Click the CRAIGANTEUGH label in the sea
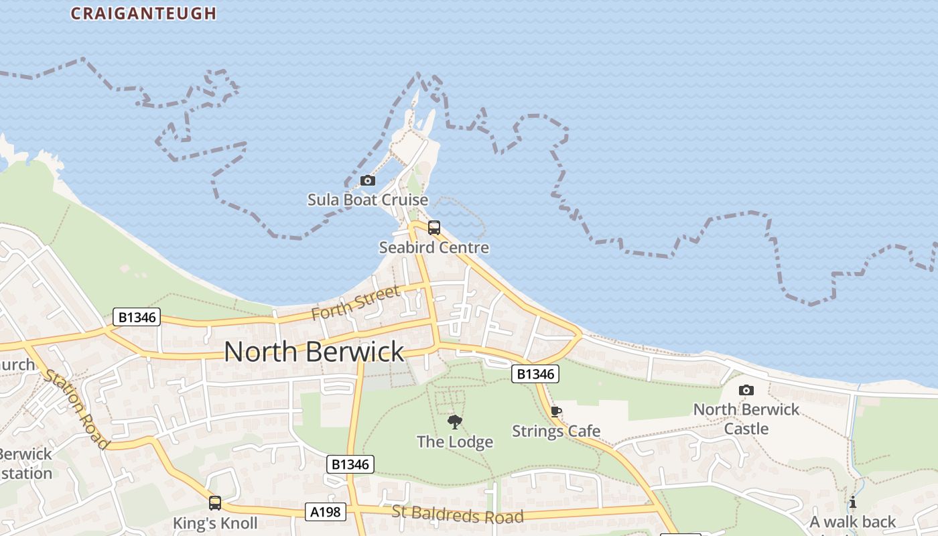pyautogui.click(x=143, y=13)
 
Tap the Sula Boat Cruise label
pyautogui.click(x=367, y=200)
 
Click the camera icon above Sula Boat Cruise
pyautogui.click(x=367, y=180)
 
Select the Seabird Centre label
pyautogui.click(x=434, y=247)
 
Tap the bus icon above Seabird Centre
pyautogui.click(x=434, y=228)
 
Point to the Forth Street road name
pyautogui.click(x=356, y=303)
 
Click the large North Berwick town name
pyautogui.click(x=314, y=352)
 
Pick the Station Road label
pyautogui.click(x=76, y=408)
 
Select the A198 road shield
pyautogui.click(x=326, y=512)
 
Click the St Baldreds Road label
pyautogui.click(x=458, y=515)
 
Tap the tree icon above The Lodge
pyautogui.click(x=455, y=421)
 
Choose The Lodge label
pyautogui.click(x=455, y=442)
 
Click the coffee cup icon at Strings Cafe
pyautogui.click(x=555, y=411)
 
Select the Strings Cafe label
pyautogui.click(x=556, y=431)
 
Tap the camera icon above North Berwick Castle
pyautogui.click(x=746, y=390)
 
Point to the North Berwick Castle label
pyautogui.click(x=746, y=419)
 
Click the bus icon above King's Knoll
pyautogui.click(x=215, y=503)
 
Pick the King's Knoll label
pyautogui.click(x=215, y=523)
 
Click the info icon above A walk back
pyautogui.click(x=852, y=503)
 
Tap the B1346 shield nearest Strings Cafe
pyautogui.click(x=535, y=374)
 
